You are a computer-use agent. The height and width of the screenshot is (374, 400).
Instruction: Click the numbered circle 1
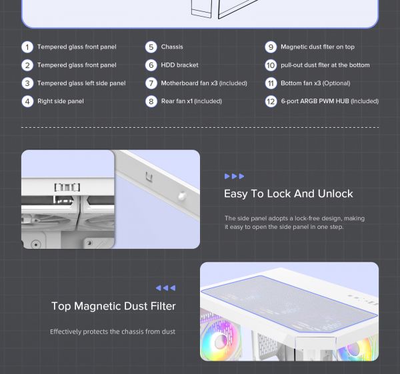[x=27, y=47]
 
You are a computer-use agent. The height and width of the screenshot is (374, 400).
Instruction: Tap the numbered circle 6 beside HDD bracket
[x=151, y=65]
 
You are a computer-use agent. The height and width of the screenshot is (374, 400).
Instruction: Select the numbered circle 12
[x=271, y=102]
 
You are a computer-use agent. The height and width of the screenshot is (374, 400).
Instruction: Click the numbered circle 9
[x=271, y=47]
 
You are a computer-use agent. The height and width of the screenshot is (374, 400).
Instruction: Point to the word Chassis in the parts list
[x=172, y=47]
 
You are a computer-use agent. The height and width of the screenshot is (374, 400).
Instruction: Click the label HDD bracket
[x=179, y=65]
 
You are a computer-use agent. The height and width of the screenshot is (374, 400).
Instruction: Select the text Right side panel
[x=61, y=101]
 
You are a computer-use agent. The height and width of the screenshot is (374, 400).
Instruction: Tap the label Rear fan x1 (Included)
[x=191, y=101]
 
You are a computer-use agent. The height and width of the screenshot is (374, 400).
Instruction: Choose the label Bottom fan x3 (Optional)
[x=315, y=83]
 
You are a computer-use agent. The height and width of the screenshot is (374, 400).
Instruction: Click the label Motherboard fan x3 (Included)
[x=204, y=83]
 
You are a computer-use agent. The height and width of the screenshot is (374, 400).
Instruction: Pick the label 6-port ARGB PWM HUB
[x=315, y=101]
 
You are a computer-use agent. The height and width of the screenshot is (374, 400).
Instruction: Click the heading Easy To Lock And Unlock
[x=289, y=194]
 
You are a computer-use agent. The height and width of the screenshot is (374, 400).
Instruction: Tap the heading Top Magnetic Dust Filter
[x=113, y=306]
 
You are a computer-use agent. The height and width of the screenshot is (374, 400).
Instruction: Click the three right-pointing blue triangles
[x=234, y=176]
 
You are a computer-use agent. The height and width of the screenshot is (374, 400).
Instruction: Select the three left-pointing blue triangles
[x=165, y=288]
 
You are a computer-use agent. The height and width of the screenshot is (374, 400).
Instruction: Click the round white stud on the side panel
[x=181, y=196]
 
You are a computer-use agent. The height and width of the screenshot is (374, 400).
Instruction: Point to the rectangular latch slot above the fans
[x=67, y=187]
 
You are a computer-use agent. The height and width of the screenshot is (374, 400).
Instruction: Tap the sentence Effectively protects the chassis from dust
[x=113, y=331]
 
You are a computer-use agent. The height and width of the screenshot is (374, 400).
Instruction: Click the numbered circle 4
[x=27, y=102]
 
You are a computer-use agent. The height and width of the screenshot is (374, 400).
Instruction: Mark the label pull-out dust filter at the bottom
[x=325, y=65]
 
